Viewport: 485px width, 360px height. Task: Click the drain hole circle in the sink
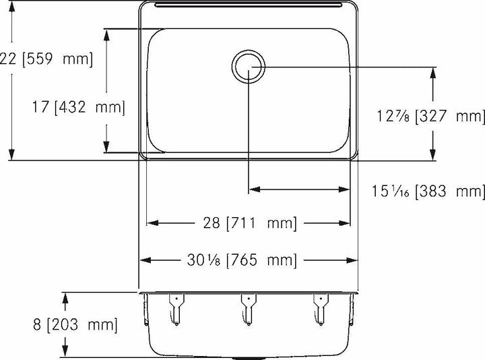pos(249,66)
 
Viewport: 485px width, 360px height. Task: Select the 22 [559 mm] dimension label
pos(46,59)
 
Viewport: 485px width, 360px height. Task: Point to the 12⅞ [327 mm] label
pos(430,117)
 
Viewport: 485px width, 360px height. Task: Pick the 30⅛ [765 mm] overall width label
pos(249,260)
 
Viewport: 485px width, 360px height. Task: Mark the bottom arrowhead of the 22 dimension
pos(11,155)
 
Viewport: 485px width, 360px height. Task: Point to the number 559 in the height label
pos(42,59)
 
